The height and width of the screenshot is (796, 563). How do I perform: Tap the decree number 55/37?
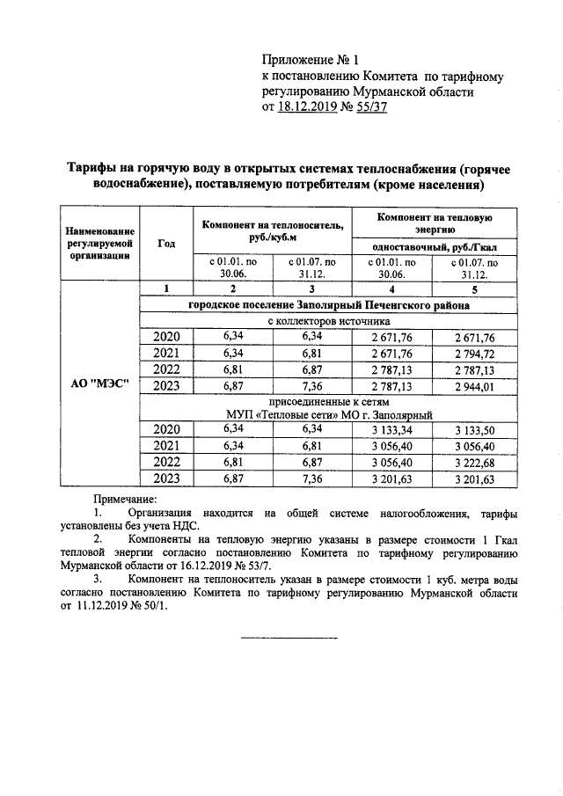coord(369,108)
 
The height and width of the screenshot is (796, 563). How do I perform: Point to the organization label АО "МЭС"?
coord(100,384)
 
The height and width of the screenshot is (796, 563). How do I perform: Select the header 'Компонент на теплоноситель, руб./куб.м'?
coord(272,230)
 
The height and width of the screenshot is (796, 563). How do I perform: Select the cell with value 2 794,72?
coord(475,353)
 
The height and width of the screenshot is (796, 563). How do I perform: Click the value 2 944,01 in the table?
coord(475,385)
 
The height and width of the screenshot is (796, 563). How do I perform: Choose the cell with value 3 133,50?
coord(475,429)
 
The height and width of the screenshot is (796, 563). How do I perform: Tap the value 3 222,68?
coord(475,462)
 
